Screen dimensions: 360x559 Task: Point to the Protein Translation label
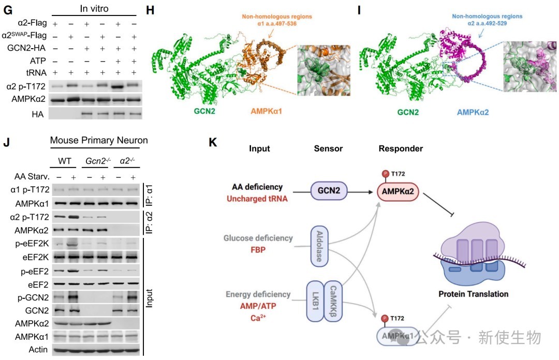[473, 294]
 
